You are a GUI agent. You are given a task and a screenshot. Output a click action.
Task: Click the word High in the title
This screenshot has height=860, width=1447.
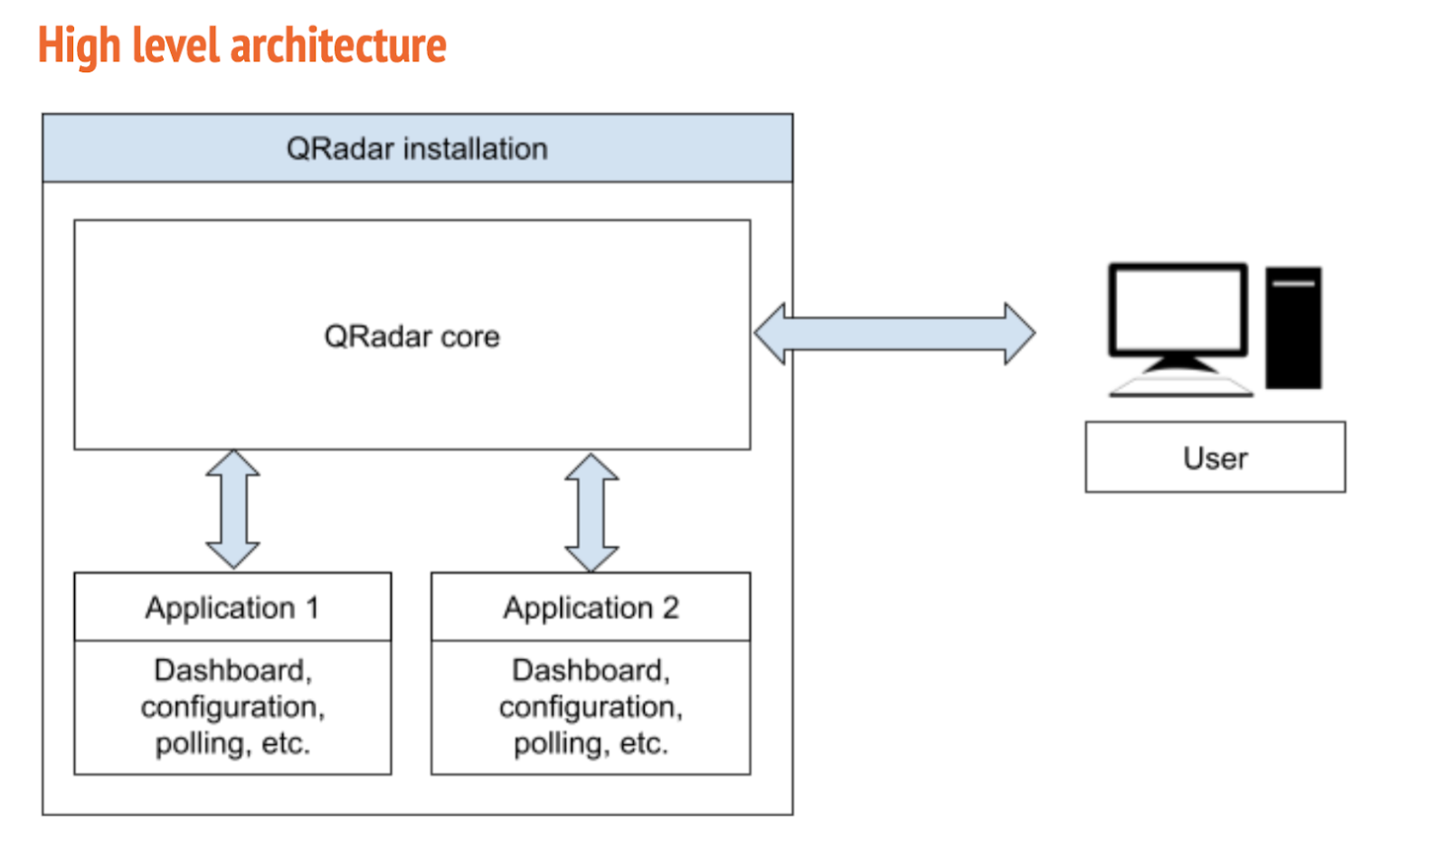coord(79,45)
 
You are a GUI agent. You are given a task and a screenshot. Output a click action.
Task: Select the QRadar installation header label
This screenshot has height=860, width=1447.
coord(417,148)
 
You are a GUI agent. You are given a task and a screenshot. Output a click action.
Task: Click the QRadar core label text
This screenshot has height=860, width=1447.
coord(411,336)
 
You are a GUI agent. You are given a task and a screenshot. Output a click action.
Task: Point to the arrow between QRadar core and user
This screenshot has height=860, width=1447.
coord(894,334)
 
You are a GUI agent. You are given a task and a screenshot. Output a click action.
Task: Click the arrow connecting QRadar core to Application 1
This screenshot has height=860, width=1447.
coord(233,509)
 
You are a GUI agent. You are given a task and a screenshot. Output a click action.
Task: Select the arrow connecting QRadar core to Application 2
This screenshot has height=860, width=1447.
coord(591,513)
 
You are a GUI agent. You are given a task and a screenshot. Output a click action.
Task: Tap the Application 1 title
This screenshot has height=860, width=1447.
coord(232,608)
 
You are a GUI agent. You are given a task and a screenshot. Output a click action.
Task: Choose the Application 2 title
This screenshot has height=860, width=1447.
coord(591,608)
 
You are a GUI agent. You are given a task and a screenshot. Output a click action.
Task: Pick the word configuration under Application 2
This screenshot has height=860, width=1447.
coord(590,706)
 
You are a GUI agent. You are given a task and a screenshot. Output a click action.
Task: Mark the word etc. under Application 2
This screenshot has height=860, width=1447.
coord(643,743)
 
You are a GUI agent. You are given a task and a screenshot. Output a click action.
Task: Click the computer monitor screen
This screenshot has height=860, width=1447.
coord(1177,308)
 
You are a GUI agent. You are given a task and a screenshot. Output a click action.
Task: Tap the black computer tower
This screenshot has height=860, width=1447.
coord(1293,327)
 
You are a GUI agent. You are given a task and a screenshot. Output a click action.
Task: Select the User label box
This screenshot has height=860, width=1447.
coord(1215,458)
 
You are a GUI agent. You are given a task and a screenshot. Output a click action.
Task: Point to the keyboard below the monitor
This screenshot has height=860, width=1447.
coord(1180,387)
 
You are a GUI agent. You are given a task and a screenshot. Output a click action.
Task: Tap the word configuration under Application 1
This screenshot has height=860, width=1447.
coord(232,706)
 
